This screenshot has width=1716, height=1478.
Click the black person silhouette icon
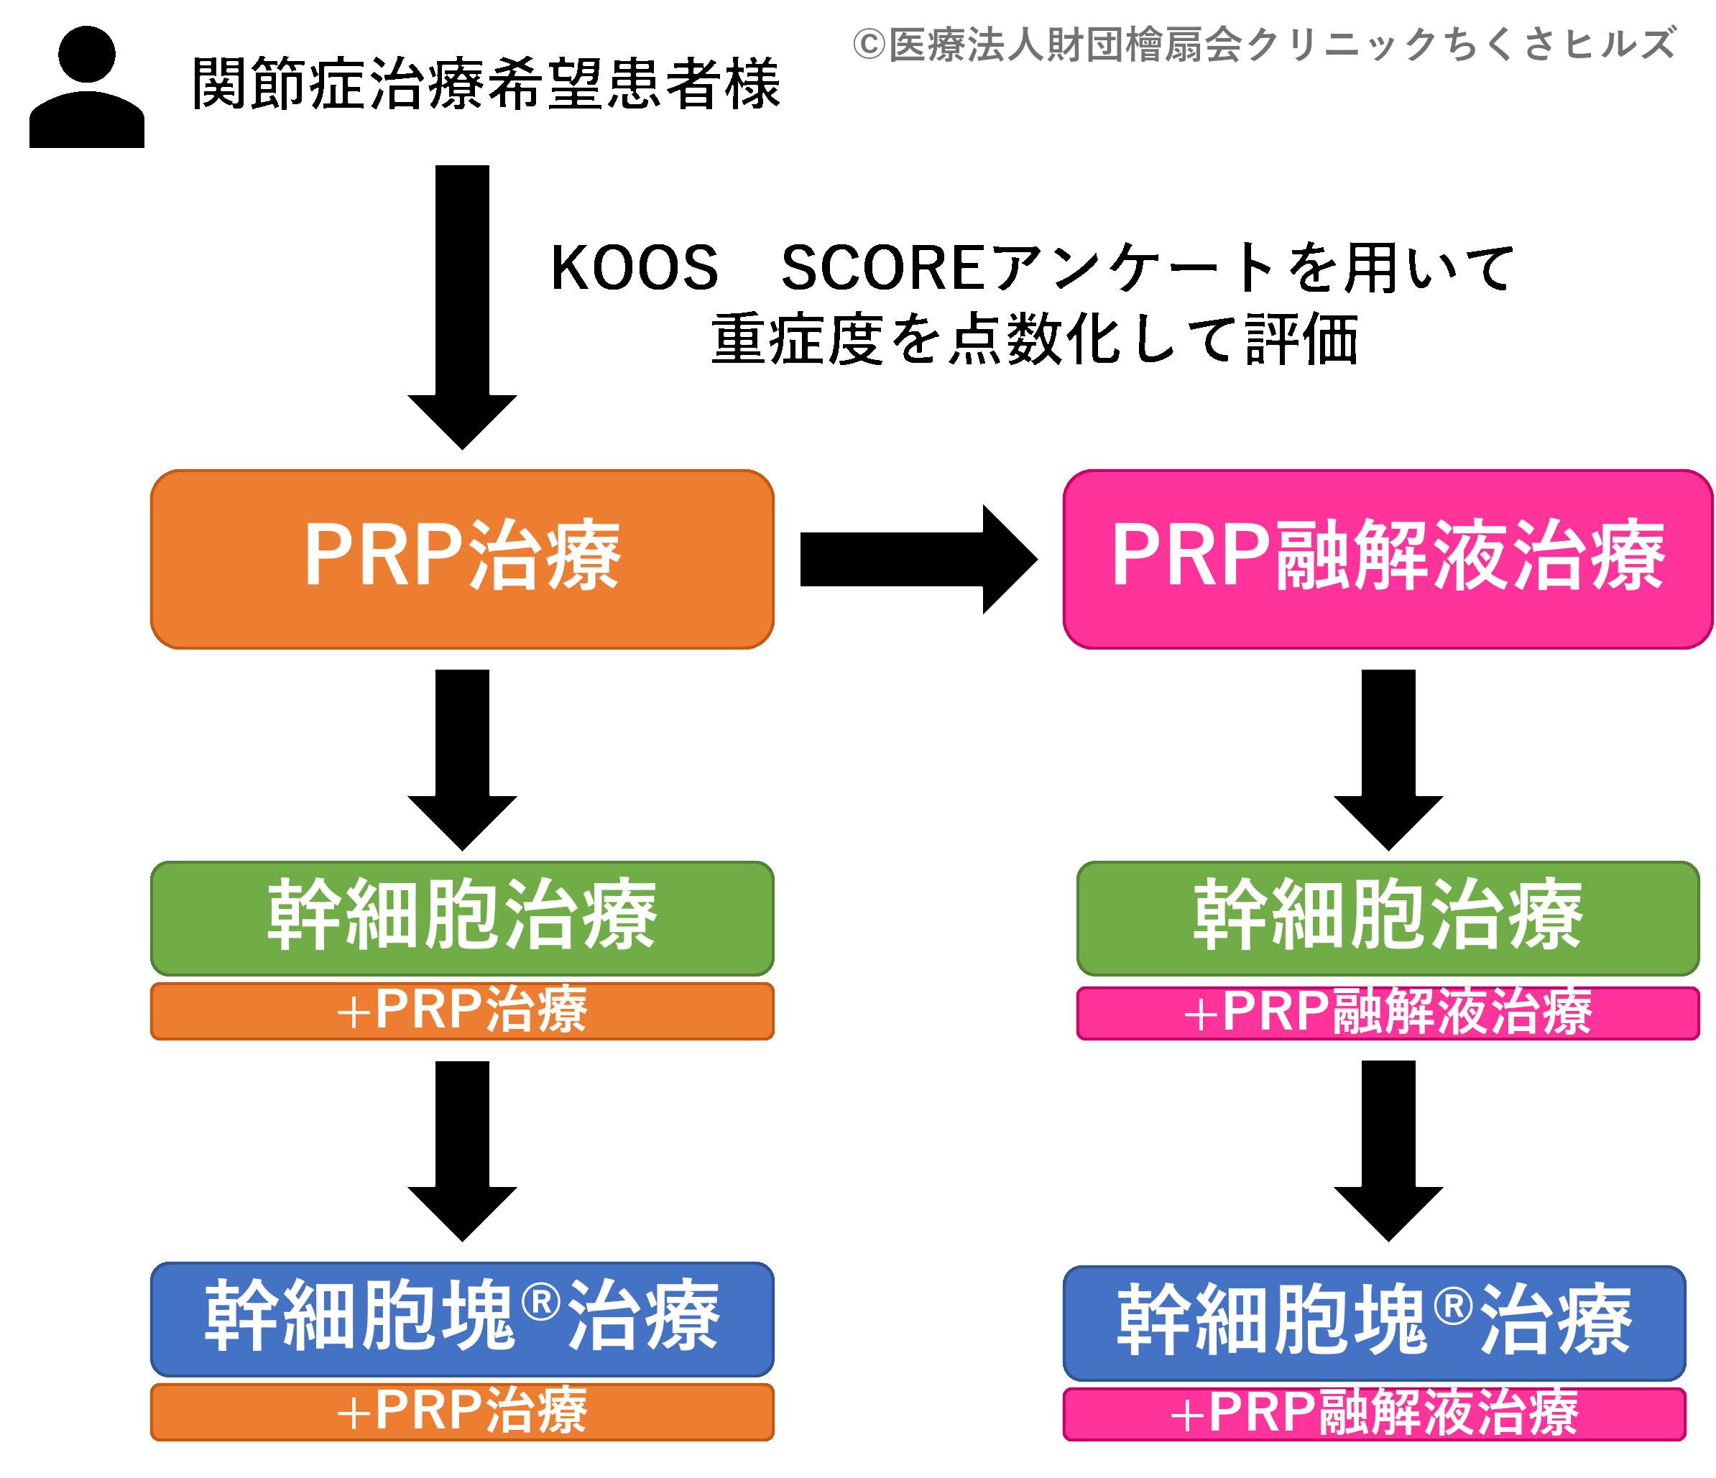(x=87, y=87)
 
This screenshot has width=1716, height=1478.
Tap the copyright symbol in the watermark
(x=869, y=45)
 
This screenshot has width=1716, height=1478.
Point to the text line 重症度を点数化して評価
(x=1035, y=339)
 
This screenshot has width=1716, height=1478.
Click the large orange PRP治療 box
(x=462, y=559)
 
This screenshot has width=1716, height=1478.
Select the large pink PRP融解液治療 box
(x=1388, y=559)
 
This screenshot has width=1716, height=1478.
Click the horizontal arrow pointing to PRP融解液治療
(x=918, y=560)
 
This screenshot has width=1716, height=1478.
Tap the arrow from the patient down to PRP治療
(x=462, y=308)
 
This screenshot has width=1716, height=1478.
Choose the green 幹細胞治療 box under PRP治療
(x=462, y=918)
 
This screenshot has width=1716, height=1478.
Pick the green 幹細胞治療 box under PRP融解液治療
(x=1388, y=918)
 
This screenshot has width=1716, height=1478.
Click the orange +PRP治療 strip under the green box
(x=462, y=1011)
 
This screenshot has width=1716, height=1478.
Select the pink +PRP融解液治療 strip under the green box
(x=1388, y=1012)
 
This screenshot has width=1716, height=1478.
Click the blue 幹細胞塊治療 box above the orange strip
(x=462, y=1319)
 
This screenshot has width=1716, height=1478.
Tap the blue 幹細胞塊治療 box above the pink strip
(x=1375, y=1322)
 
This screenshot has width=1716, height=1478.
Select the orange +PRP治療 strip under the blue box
(x=462, y=1412)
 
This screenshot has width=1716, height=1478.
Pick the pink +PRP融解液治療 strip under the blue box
(x=1375, y=1413)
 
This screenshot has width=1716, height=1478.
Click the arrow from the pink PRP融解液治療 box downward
(x=1388, y=760)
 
